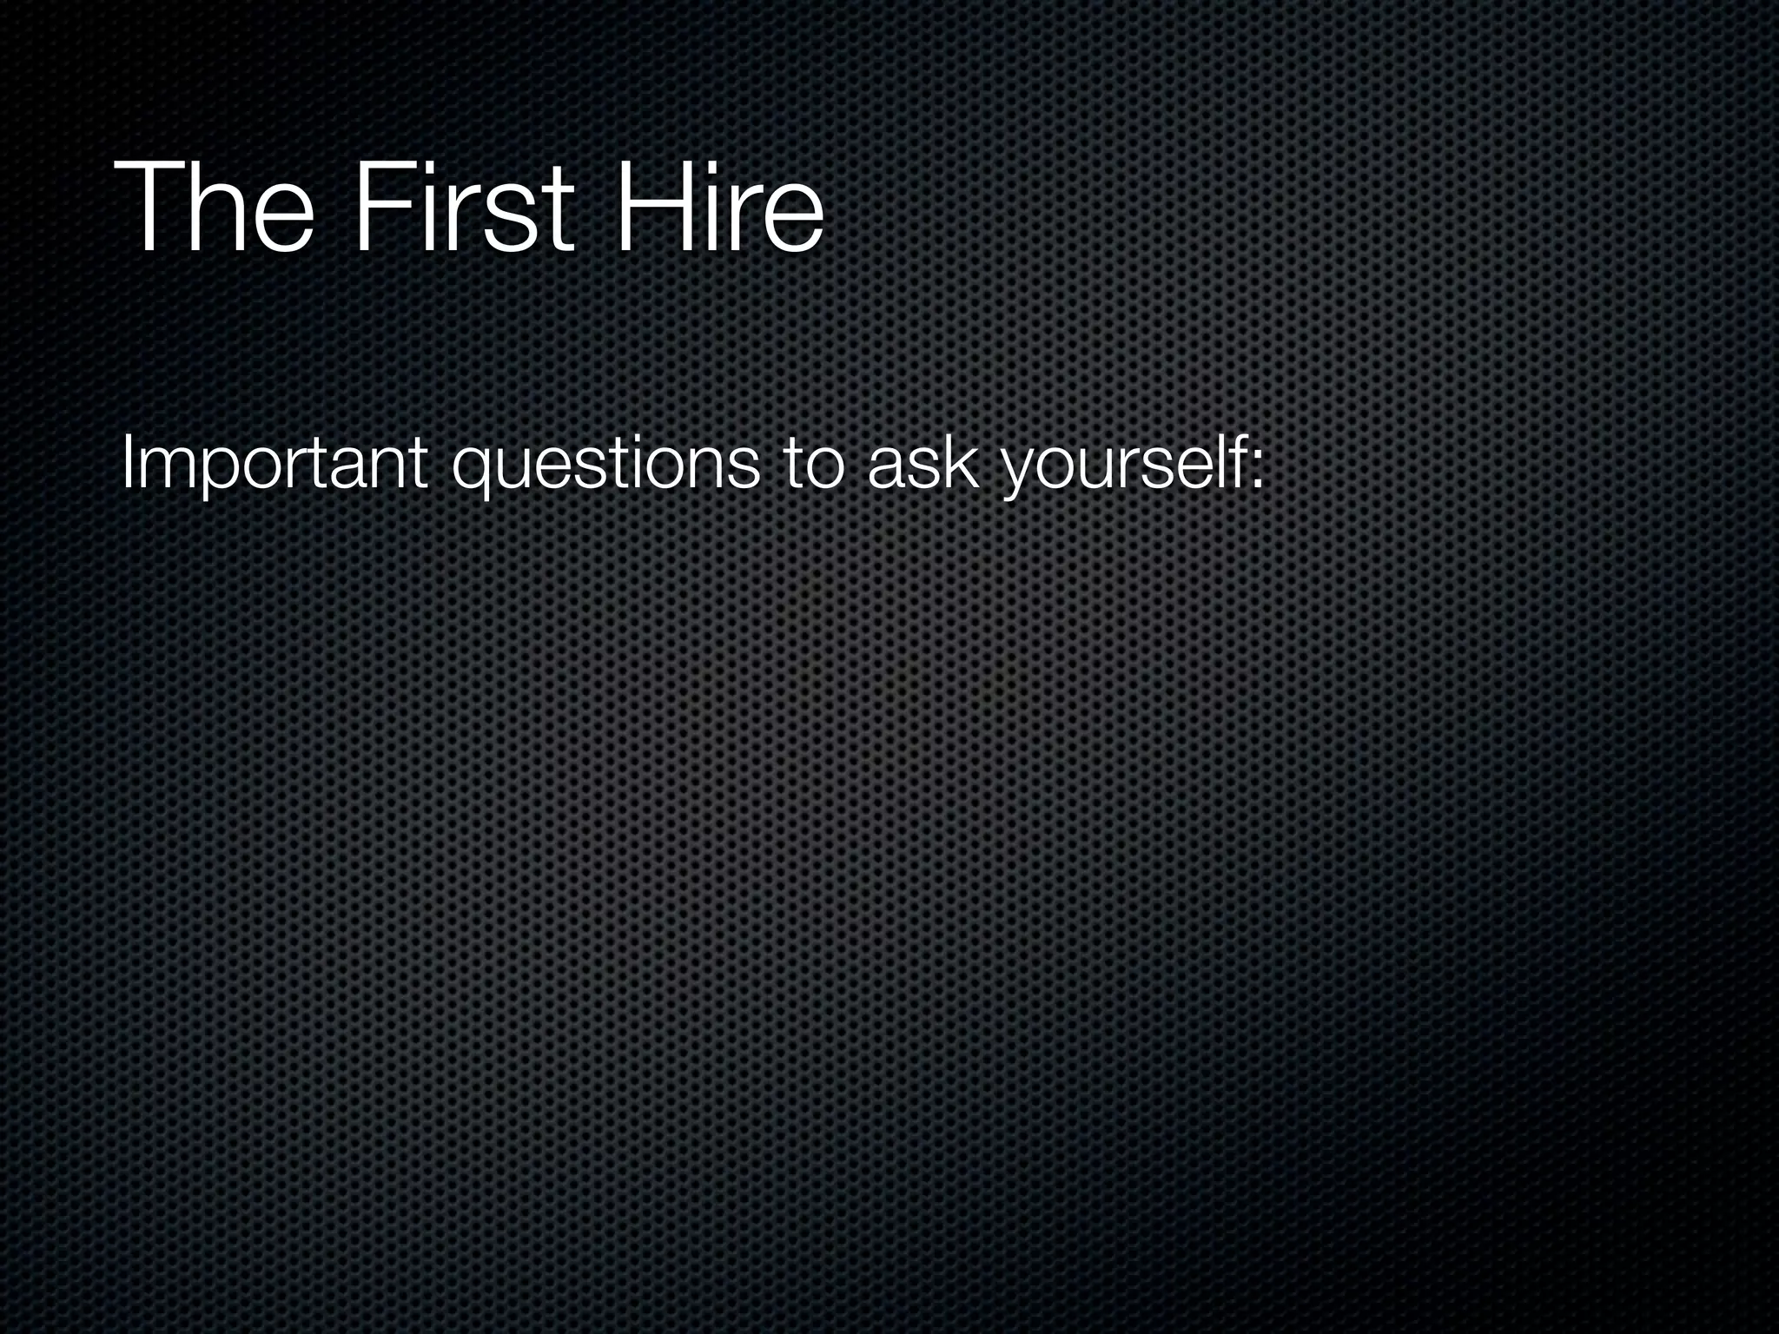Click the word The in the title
coord(213,208)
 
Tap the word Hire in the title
coord(718,208)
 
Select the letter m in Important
coord(162,470)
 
